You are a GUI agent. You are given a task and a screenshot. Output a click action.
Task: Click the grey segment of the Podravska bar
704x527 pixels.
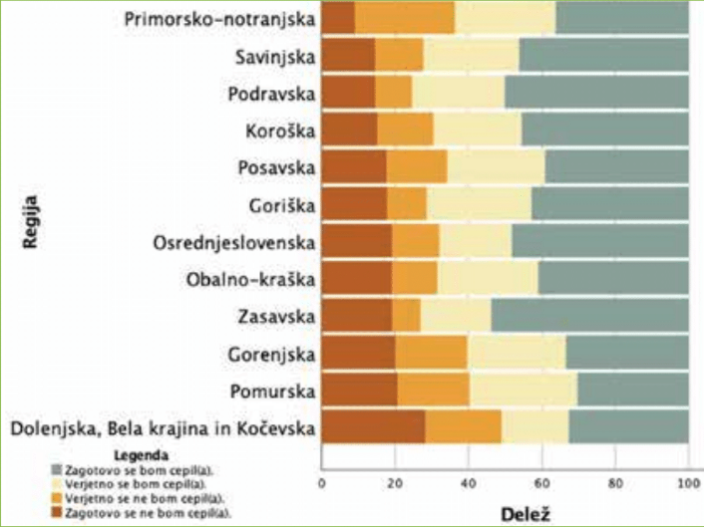595,94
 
